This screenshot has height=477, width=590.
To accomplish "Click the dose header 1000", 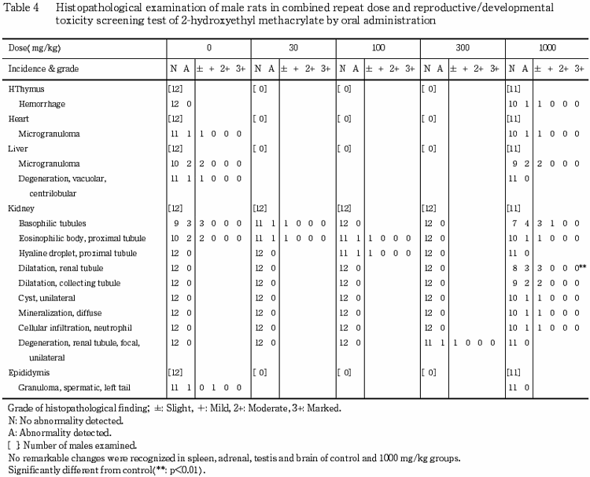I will [547, 48].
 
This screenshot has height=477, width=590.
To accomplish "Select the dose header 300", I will [462, 48].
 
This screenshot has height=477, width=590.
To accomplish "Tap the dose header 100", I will [378, 48].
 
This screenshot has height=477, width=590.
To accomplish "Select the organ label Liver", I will [18, 149].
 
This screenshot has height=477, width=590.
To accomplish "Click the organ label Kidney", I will [20, 209].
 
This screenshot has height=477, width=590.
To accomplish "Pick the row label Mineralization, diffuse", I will [60, 313].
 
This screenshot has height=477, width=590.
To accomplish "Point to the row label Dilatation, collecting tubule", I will [69, 283].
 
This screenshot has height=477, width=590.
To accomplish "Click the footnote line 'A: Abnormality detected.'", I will [57, 434].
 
